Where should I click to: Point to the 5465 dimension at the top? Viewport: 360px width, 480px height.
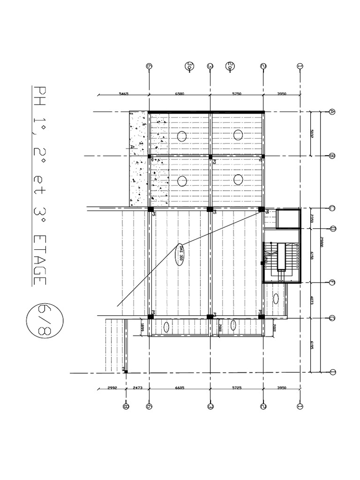pos(124,94)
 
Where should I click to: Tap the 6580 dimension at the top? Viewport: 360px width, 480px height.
pos(180,94)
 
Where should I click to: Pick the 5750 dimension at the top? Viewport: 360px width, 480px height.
pos(237,94)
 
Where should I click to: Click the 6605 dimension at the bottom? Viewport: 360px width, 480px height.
pos(180,389)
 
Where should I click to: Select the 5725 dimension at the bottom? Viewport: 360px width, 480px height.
pos(237,389)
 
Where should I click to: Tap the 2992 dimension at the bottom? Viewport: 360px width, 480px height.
pos(112,389)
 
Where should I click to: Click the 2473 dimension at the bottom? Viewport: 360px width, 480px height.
pos(137,389)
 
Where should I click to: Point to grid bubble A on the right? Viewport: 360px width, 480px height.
pos(332,112)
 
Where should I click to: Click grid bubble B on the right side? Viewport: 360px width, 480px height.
pos(332,156)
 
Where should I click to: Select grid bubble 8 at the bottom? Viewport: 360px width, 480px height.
pos(126,406)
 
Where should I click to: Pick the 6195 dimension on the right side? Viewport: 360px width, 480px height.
pos(311,345)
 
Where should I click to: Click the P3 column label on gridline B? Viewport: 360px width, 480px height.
pos(214,161)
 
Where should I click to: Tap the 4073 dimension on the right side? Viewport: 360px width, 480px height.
pos(311,300)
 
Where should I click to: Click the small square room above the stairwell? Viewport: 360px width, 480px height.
pos(287,218)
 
